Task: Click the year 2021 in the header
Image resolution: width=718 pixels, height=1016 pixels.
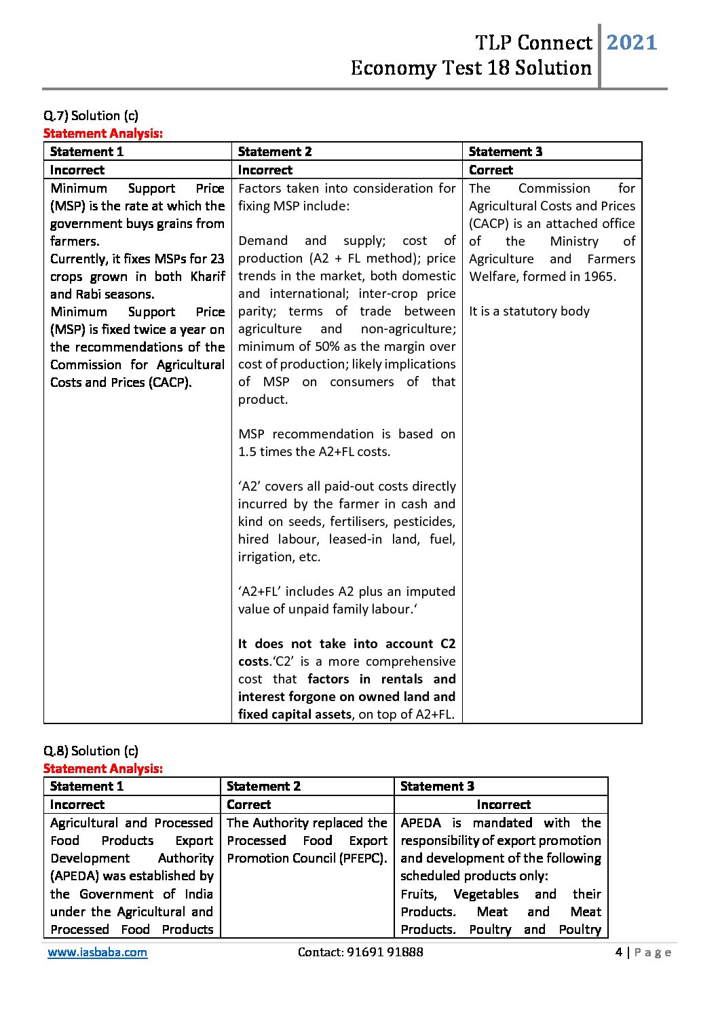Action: point(631,43)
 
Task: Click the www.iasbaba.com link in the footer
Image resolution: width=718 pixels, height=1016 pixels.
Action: point(97,952)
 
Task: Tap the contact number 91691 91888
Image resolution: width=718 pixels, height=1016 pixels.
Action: point(385,952)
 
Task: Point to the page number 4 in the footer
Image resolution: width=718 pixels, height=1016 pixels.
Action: point(618,952)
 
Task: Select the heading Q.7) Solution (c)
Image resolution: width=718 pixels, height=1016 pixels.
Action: point(91,115)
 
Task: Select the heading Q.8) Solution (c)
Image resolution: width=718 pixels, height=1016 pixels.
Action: point(91,751)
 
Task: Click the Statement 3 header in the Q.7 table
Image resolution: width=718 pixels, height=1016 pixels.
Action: point(505,151)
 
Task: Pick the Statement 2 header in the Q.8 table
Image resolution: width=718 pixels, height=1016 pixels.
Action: point(263,786)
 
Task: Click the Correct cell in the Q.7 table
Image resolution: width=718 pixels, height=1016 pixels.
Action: point(491,170)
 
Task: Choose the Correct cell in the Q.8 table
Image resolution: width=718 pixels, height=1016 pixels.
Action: point(248,804)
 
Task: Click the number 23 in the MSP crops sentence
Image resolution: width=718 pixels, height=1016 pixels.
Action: point(217,259)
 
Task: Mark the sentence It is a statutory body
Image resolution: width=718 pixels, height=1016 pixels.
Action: point(529,312)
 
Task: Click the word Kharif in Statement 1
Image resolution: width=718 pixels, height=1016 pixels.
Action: point(208,276)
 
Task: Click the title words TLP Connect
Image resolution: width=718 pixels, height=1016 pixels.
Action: point(533,43)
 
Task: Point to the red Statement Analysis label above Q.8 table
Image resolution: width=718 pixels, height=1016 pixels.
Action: point(103,768)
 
